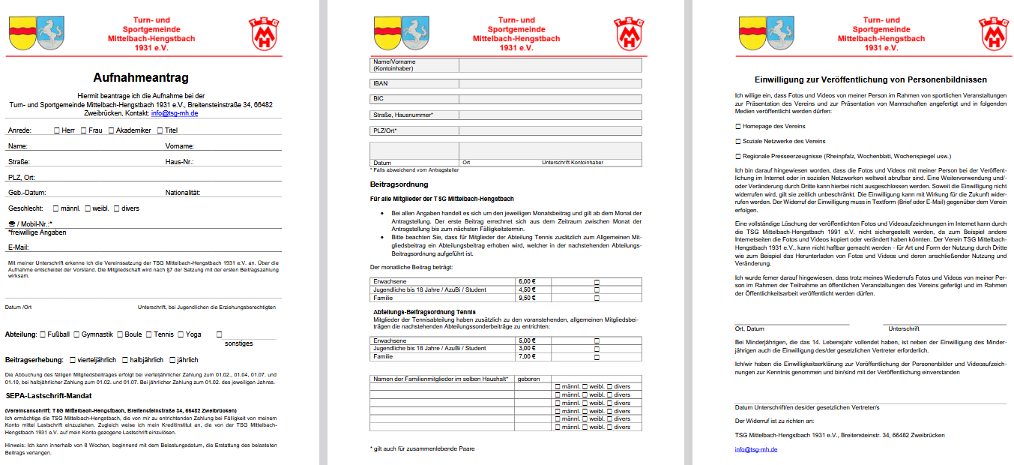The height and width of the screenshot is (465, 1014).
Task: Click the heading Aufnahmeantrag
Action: pyautogui.click(x=141, y=77)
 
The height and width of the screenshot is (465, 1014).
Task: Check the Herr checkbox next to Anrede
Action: pyautogui.click(x=57, y=130)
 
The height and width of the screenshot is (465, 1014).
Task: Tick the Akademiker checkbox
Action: pyautogui.click(x=111, y=130)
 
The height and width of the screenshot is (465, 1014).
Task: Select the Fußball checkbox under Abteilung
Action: pyautogui.click(x=43, y=334)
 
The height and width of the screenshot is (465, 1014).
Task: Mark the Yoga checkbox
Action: pyautogui.click(x=180, y=334)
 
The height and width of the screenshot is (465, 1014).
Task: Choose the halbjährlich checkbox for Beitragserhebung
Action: pyautogui.click(x=124, y=360)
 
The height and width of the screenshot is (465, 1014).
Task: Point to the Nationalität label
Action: pyautogui.click(x=182, y=193)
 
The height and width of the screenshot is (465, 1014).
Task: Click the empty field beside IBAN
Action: pyautogui.click(x=549, y=84)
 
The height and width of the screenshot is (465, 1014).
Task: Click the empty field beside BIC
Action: pyautogui.click(x=549, y=98)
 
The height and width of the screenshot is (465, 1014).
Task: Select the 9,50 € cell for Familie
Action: pyautogui.click(x=528, y=298)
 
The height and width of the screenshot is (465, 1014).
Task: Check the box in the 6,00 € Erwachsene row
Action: pyautogui.click(x=597, y=281)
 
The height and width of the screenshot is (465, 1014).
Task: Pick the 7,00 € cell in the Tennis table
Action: pyautogui.click(x=528, y=356)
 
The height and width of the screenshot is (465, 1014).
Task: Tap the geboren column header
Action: pyautogui.click(x=529, y=379)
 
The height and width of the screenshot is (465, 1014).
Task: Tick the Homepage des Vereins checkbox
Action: pyautogui.click(x=738, y=126)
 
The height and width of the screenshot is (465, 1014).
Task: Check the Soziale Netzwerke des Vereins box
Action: pyautogui.click(x=738, y=141)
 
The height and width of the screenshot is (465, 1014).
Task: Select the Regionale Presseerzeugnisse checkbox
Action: pyautogui.click(x=738, y=157)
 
